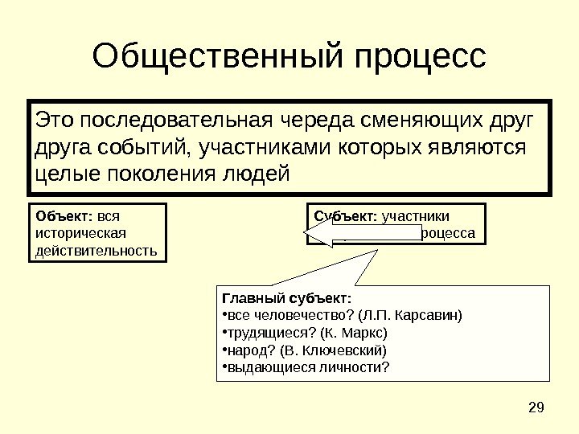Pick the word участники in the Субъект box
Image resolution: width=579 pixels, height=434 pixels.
[416, 215]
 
